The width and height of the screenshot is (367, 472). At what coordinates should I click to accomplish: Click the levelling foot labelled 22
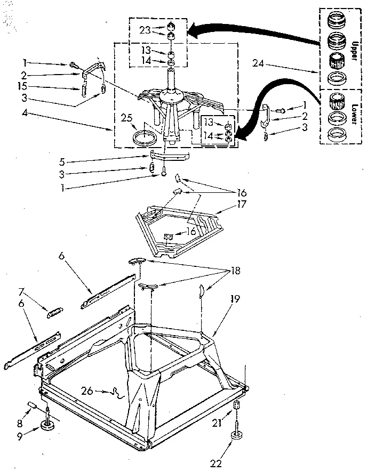click(235, 436)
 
